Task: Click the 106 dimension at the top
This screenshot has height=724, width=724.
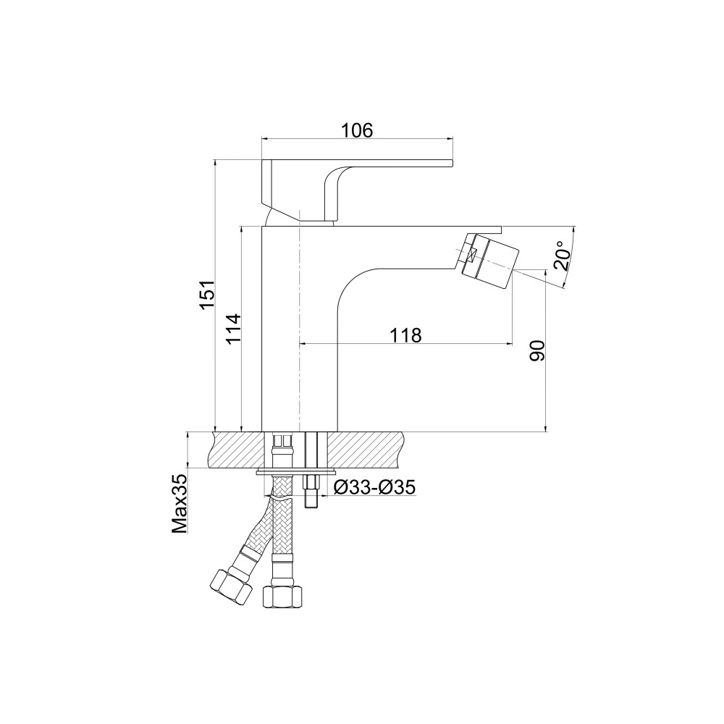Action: [356, 130]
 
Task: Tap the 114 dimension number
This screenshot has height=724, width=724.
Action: [234, 328]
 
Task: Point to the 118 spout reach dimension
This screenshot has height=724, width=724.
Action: [406, 335]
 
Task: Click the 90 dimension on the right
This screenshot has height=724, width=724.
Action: [537, 351]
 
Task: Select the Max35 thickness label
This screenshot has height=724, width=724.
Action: [180, 504]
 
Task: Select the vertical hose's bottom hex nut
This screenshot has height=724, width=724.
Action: [282, 596]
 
